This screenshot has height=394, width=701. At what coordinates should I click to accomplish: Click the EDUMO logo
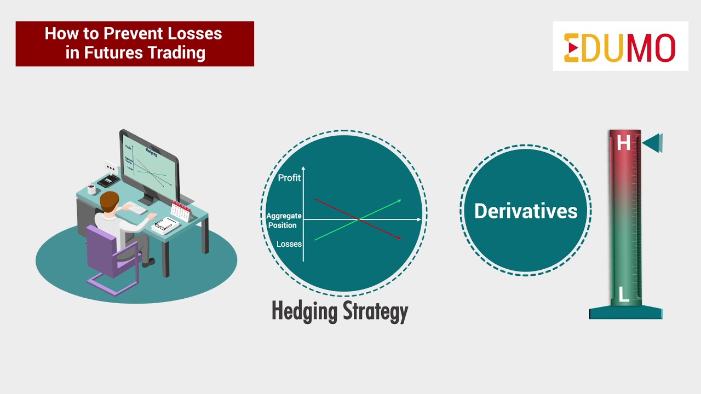(620, 47)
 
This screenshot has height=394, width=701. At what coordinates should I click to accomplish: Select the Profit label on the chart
(289, 178)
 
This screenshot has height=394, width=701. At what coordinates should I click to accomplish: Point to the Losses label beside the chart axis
(289, 244)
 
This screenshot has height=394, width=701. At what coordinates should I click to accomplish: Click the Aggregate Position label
(284, 221)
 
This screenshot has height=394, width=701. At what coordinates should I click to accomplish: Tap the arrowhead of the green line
(399, 200)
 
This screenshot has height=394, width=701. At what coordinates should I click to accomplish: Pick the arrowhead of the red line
(399, 237)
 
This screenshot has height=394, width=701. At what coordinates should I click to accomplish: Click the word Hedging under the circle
(304, 311)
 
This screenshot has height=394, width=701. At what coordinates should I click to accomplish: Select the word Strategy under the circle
(376, 311)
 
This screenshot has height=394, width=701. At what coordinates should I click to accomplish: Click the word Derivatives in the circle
(526, 211)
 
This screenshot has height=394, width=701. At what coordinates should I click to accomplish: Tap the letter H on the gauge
(623, 143)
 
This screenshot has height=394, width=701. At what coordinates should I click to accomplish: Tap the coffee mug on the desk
(91, 189)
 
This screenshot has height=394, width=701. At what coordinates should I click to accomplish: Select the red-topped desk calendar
(180, 211)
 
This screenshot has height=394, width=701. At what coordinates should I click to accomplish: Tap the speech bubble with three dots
(112, 167)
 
